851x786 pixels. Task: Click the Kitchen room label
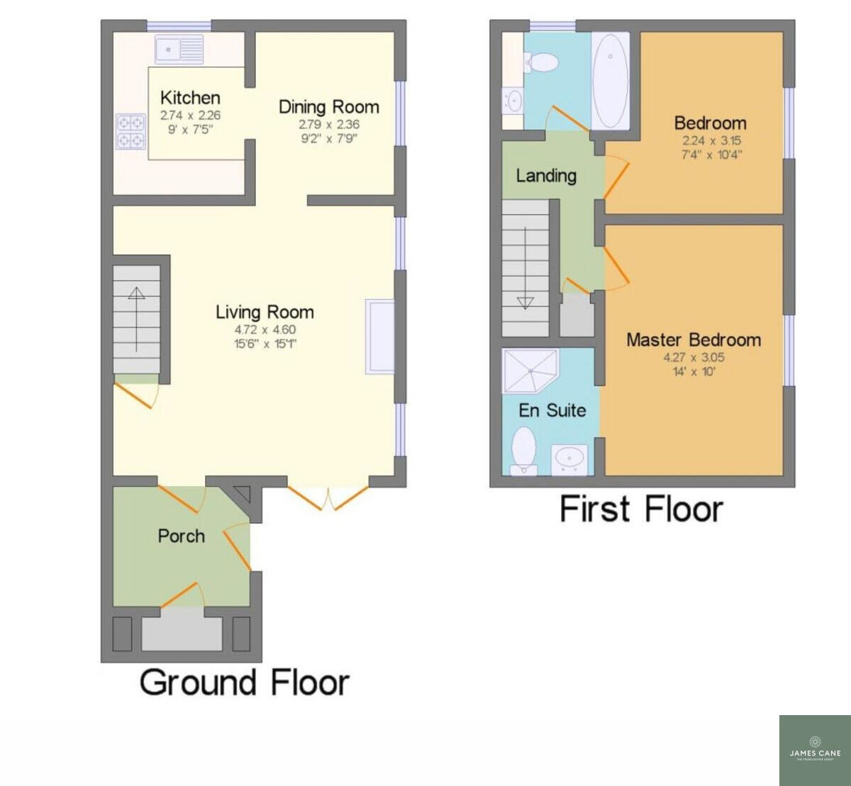click(x=190, y=98)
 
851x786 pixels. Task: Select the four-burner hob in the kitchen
click(x=130, y=131)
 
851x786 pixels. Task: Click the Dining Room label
click(x=328, y=107)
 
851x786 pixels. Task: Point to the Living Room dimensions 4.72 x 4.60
click(x=265, y=330)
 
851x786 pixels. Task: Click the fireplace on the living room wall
click(x=379, y=336)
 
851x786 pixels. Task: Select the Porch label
click(x=181, y=537)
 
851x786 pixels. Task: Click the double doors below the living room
click(x=328, y=496)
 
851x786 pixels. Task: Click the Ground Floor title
click(x=244, y=682)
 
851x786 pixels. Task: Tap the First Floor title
click(x=641, y=510)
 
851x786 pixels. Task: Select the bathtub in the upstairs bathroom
click(x=610, y=81)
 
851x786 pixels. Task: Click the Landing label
click(x=545, y=175)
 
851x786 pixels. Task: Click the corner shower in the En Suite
click(x=529, y=370)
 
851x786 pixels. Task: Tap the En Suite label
click(x=552, y=410)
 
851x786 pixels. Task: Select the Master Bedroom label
click(x=694, y=340)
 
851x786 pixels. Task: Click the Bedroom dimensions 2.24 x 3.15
click(x=711, y=140)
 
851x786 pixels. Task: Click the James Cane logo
click(x=815, y=750)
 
